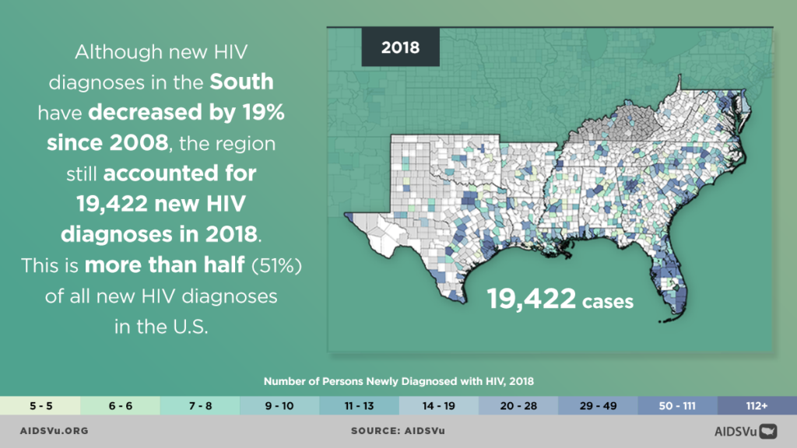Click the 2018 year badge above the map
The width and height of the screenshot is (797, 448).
(x=400, y=47)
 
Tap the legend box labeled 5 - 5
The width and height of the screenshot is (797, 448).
(x=40, y=405)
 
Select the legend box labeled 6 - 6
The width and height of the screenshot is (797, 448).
(x=119, y=405)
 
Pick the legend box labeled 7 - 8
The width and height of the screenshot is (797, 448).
(x=199, y=405)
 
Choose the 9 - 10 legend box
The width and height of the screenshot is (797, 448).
(x=279, y=405)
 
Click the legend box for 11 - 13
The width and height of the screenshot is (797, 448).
(x=358, y=405)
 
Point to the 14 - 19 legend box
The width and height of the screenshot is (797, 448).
(x=438, y=405)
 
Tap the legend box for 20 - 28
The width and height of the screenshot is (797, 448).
(x=518, y=405)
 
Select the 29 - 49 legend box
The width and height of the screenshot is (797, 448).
(x=598, y=405)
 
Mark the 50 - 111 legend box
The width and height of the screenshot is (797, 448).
(x=677, y=405)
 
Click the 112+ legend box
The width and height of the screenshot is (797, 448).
(x=757, y=405)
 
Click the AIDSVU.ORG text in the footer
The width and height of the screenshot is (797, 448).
(x=54, y=430)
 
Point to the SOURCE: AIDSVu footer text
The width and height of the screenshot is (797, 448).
(x=398, y=430)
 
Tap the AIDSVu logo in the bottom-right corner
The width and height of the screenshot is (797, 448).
(x=746, y=430)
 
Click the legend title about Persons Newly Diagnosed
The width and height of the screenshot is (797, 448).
(x=398, y=381)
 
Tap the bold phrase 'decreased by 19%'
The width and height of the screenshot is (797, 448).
(x=187, y=112)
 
